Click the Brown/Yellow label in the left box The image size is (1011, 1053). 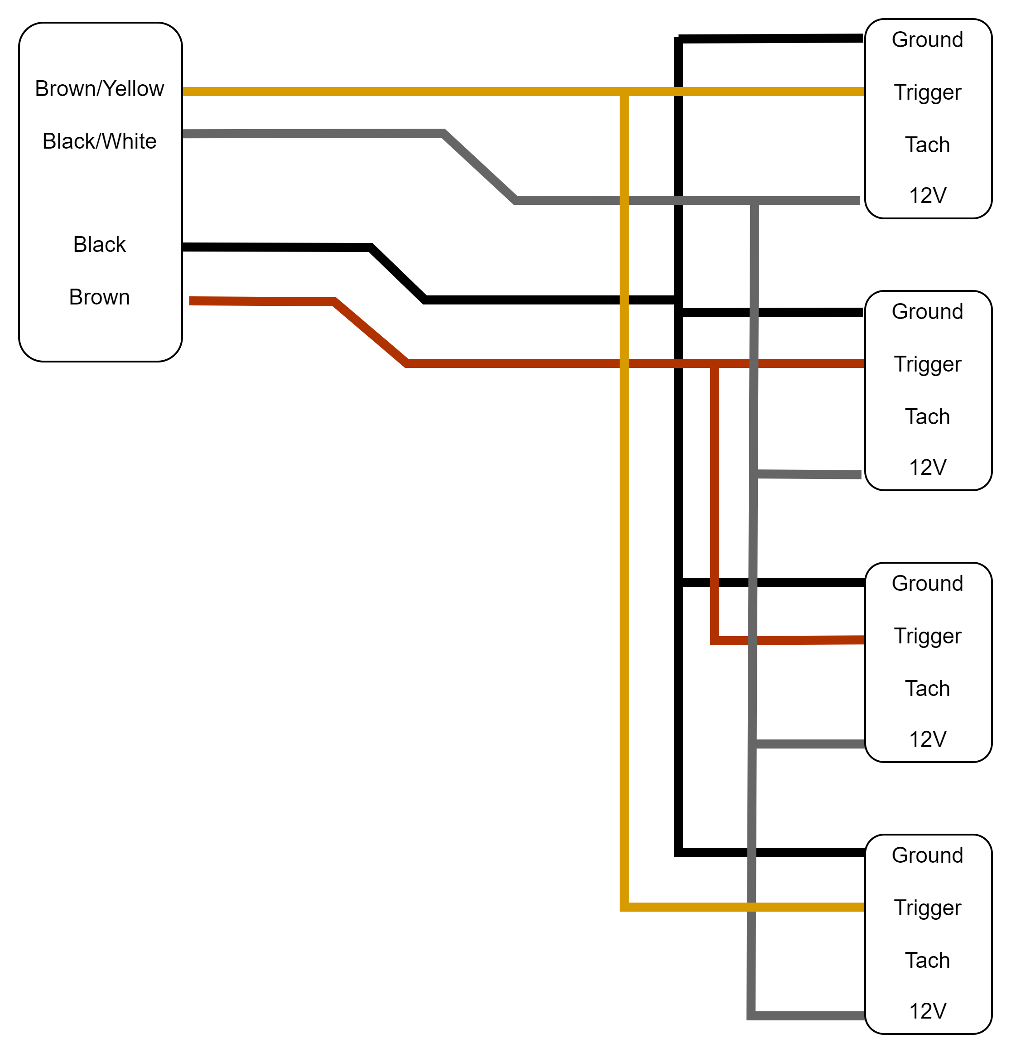(x=99, y=89)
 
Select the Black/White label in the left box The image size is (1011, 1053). (x=99, y=141)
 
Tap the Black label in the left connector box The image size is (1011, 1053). (x=99, y=245)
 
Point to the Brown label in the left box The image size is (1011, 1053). (x=99, y=297)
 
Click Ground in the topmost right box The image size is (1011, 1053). (x=927, y=40)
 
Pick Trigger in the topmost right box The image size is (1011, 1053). (x=927, y=92)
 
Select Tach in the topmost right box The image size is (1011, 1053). (x=927, y=145)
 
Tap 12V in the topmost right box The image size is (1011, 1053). (x=927, y=196)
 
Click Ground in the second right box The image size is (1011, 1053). (x=927, y=312)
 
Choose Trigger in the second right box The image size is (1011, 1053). (x=927, y=364)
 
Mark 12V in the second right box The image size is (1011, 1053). (x=927, y=468)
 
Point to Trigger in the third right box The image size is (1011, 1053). (x=927, y=636)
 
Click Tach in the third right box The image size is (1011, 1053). (x=927, y=689)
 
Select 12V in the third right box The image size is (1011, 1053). (x=927, y=739)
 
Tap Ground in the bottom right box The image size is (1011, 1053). (x=927, y=855)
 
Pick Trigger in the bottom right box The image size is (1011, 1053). (x=927, y=908)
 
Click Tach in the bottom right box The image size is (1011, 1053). (x=927, y=961)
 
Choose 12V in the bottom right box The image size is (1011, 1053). (x=927, y=1011)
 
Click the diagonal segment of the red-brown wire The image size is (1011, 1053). (x=371, y=333)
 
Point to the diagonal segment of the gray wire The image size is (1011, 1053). (x=479, y=167)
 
